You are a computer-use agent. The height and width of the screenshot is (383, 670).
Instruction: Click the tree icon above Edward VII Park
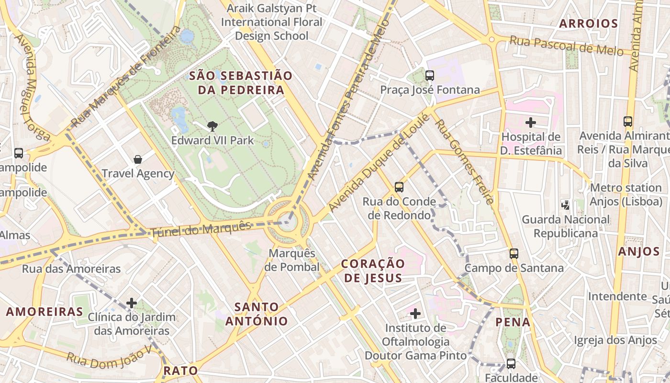pos(212,126)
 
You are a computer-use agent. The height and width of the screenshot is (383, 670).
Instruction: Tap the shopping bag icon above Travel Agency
pos(138,159)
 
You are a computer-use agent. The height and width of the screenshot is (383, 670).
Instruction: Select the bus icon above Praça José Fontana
pos(430,75)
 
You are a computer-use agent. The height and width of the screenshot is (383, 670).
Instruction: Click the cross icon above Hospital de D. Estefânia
pos(530,123)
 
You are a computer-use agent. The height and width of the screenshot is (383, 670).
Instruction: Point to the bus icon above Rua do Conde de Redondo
pos(399,187)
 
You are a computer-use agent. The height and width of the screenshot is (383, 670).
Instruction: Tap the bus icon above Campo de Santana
pos(514,254)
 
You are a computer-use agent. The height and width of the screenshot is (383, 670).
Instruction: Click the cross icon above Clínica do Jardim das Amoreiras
pos(132,303)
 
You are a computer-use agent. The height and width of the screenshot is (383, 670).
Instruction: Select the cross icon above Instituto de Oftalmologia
pos(415,314)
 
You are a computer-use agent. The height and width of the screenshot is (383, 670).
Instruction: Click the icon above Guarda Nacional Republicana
pos(566,205)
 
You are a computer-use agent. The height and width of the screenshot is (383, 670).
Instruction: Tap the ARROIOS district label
pos(589,23)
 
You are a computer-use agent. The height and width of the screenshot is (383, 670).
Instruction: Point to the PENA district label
pos(513,322)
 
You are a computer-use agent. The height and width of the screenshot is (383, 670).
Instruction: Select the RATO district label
pos(180,370)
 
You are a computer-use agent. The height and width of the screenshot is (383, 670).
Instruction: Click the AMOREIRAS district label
pos(45,312)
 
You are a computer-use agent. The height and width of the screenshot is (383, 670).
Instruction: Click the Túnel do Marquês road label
pos(201,230)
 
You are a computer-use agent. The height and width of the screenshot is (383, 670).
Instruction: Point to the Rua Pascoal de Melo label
pos(566,46)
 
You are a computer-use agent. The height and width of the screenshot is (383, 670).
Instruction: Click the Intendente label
pos(617,296)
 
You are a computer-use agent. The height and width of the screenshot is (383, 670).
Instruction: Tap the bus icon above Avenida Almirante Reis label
pos(628,122)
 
